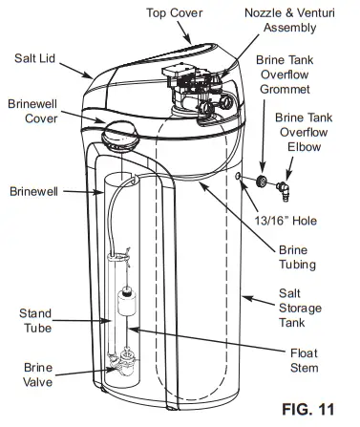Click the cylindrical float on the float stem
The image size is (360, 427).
[x=125, y=305]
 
